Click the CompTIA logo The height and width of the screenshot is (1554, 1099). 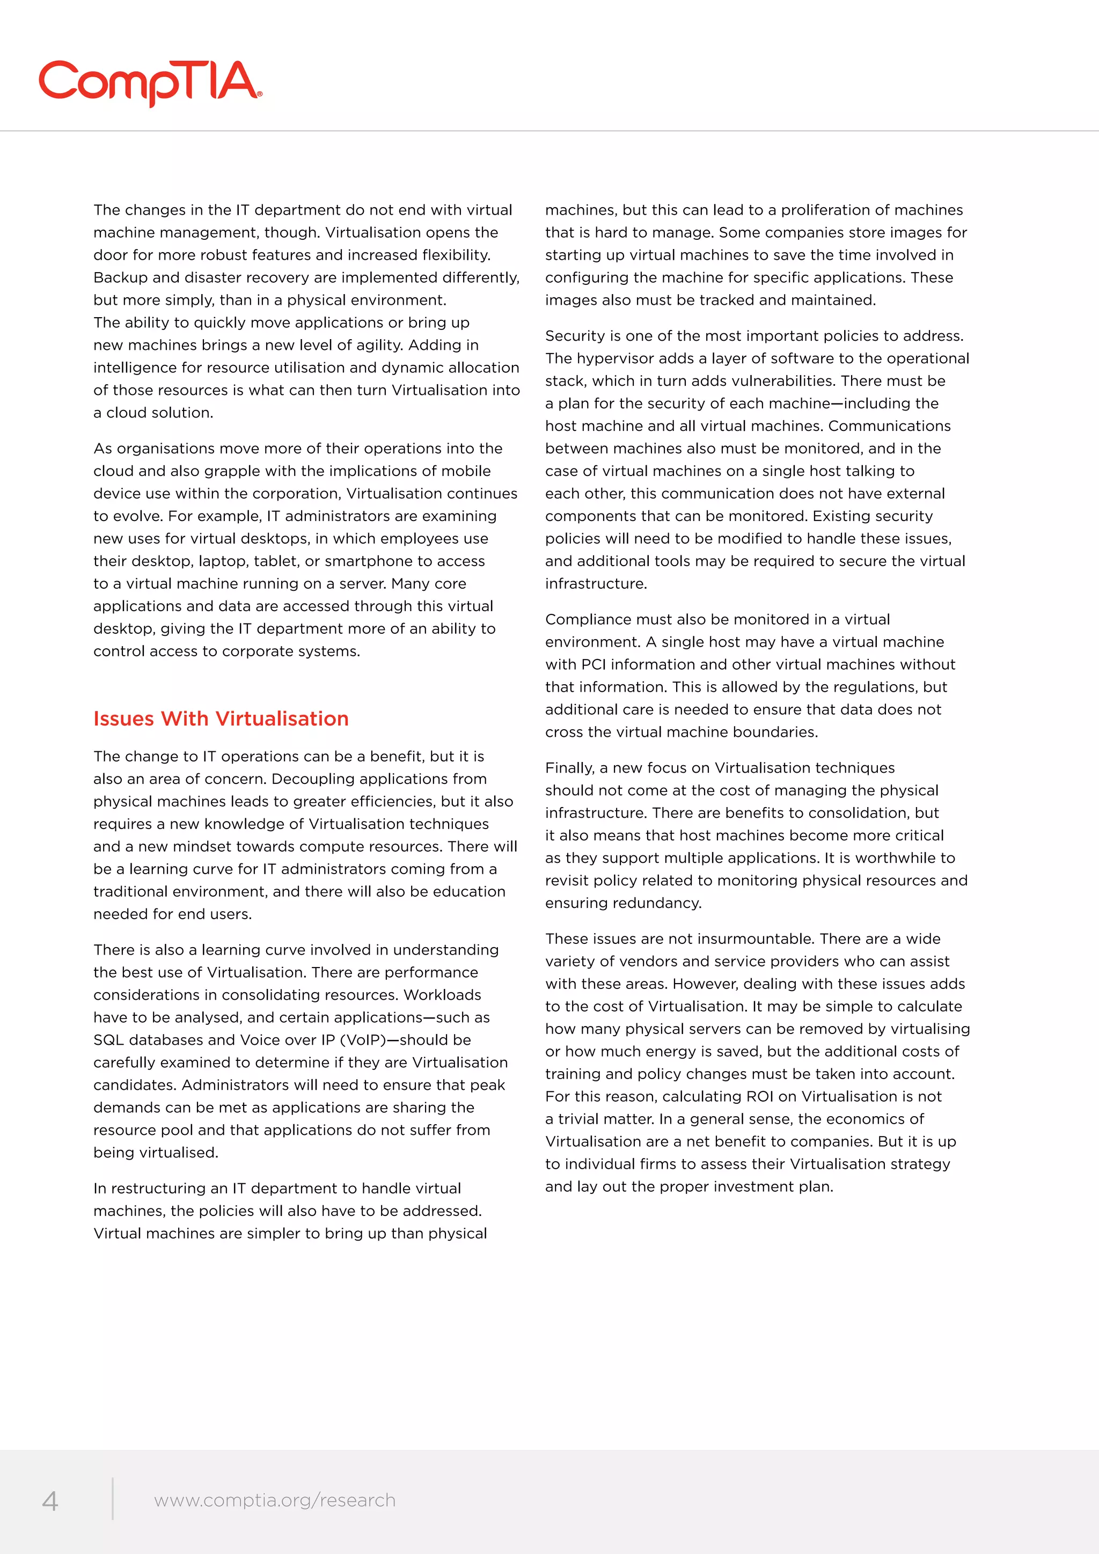pyautogui.click(x=150, y=83)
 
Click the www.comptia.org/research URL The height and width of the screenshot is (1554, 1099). pyautogui.click(x=275, y=1500)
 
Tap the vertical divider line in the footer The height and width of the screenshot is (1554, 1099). pyautogui.click(x=112, y=1499)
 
